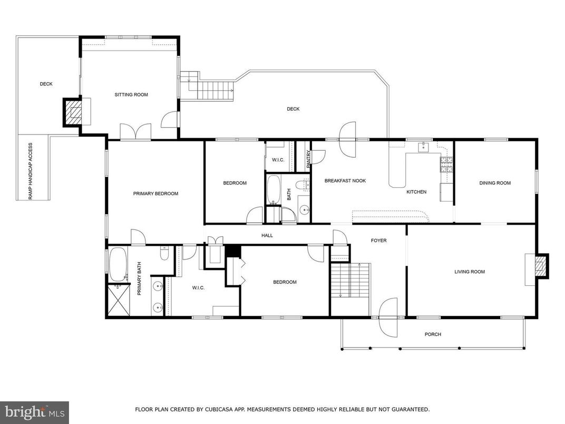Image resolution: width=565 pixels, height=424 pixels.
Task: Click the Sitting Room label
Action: coord(131,95)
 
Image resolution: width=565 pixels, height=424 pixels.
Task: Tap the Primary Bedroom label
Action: coord(155,194)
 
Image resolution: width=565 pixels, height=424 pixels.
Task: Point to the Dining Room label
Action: coord(495,183)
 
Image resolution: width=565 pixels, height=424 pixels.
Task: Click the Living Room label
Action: coord(469,272)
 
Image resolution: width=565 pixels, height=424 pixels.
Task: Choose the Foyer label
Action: coord(378,240)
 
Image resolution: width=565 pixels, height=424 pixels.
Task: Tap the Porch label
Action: coord(433,334)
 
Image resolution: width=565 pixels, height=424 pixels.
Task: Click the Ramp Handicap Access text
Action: coord(31,171)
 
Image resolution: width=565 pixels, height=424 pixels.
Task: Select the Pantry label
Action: coord(308,159)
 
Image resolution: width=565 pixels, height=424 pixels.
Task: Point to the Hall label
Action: coord(267,235)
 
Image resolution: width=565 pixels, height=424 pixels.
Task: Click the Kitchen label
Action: coord(416,192)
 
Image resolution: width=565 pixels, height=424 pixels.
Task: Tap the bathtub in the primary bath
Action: coord(117,264)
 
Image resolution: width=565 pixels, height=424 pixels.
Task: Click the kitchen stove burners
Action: coord(447,165)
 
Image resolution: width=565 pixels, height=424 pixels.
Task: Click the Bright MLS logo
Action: coord(34,412)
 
